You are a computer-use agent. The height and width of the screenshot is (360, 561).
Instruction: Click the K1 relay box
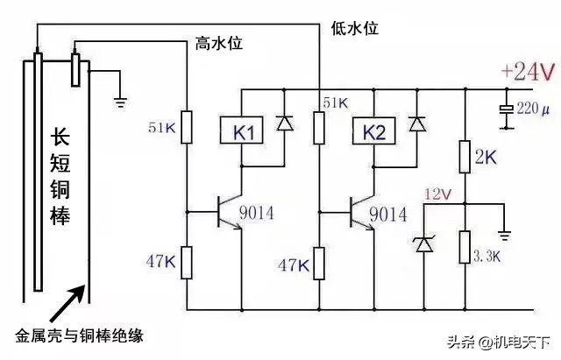pos(244,133)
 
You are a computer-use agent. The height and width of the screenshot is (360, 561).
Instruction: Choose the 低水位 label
pos(355,28)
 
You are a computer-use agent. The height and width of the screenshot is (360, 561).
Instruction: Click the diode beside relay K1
pos(284,124)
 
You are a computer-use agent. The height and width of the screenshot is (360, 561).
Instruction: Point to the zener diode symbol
pos(424,244)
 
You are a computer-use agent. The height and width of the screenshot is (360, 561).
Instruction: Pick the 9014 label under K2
pos(387,213)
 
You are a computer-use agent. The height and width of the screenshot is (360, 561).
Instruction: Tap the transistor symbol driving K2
pos(359,213)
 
